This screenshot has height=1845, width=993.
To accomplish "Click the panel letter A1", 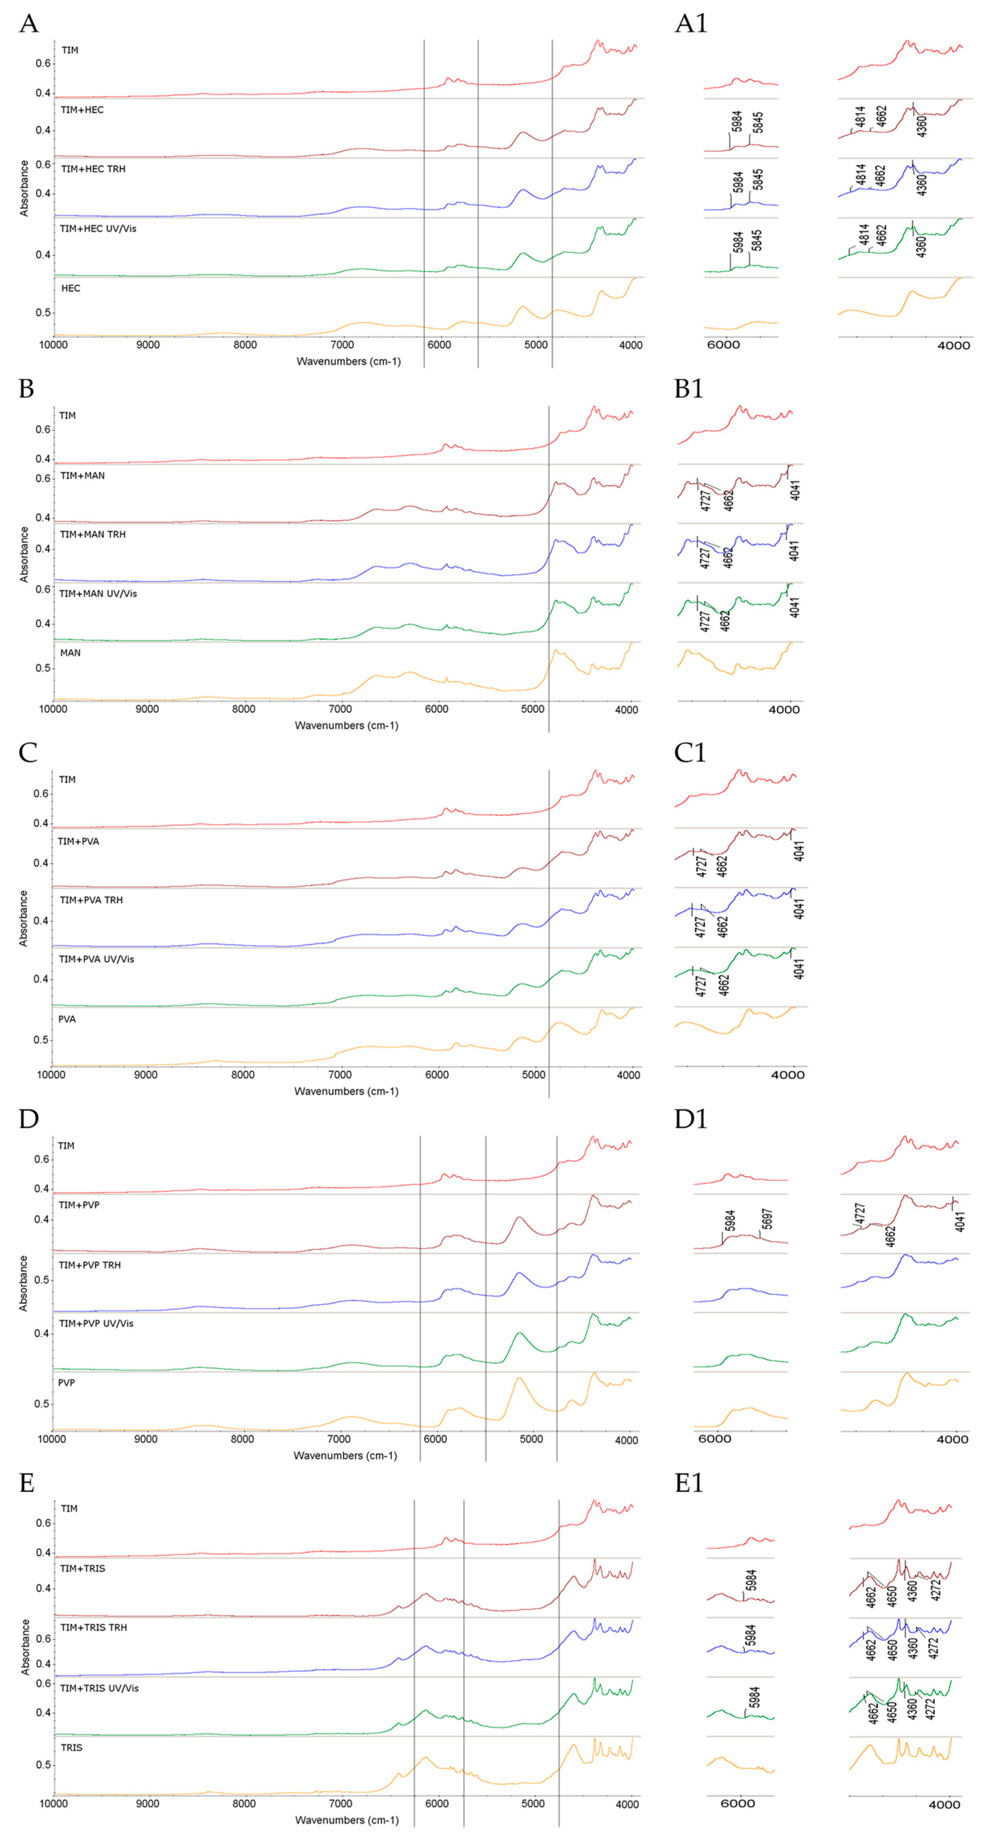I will [691, 24].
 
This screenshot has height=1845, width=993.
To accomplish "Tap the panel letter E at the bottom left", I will [27, 1482].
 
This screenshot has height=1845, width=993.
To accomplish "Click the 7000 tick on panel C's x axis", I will [340, 1074].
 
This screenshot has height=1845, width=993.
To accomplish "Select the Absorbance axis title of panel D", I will [23, 1283].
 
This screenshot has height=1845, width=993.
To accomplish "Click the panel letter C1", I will [690, 753].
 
